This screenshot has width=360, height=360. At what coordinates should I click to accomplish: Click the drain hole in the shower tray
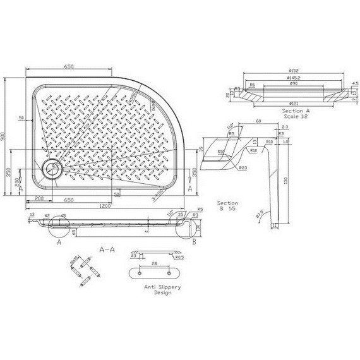[50, 168]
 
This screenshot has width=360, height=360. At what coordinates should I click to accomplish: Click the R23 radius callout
[243, 168]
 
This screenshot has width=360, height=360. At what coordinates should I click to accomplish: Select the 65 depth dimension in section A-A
[75, 232]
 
